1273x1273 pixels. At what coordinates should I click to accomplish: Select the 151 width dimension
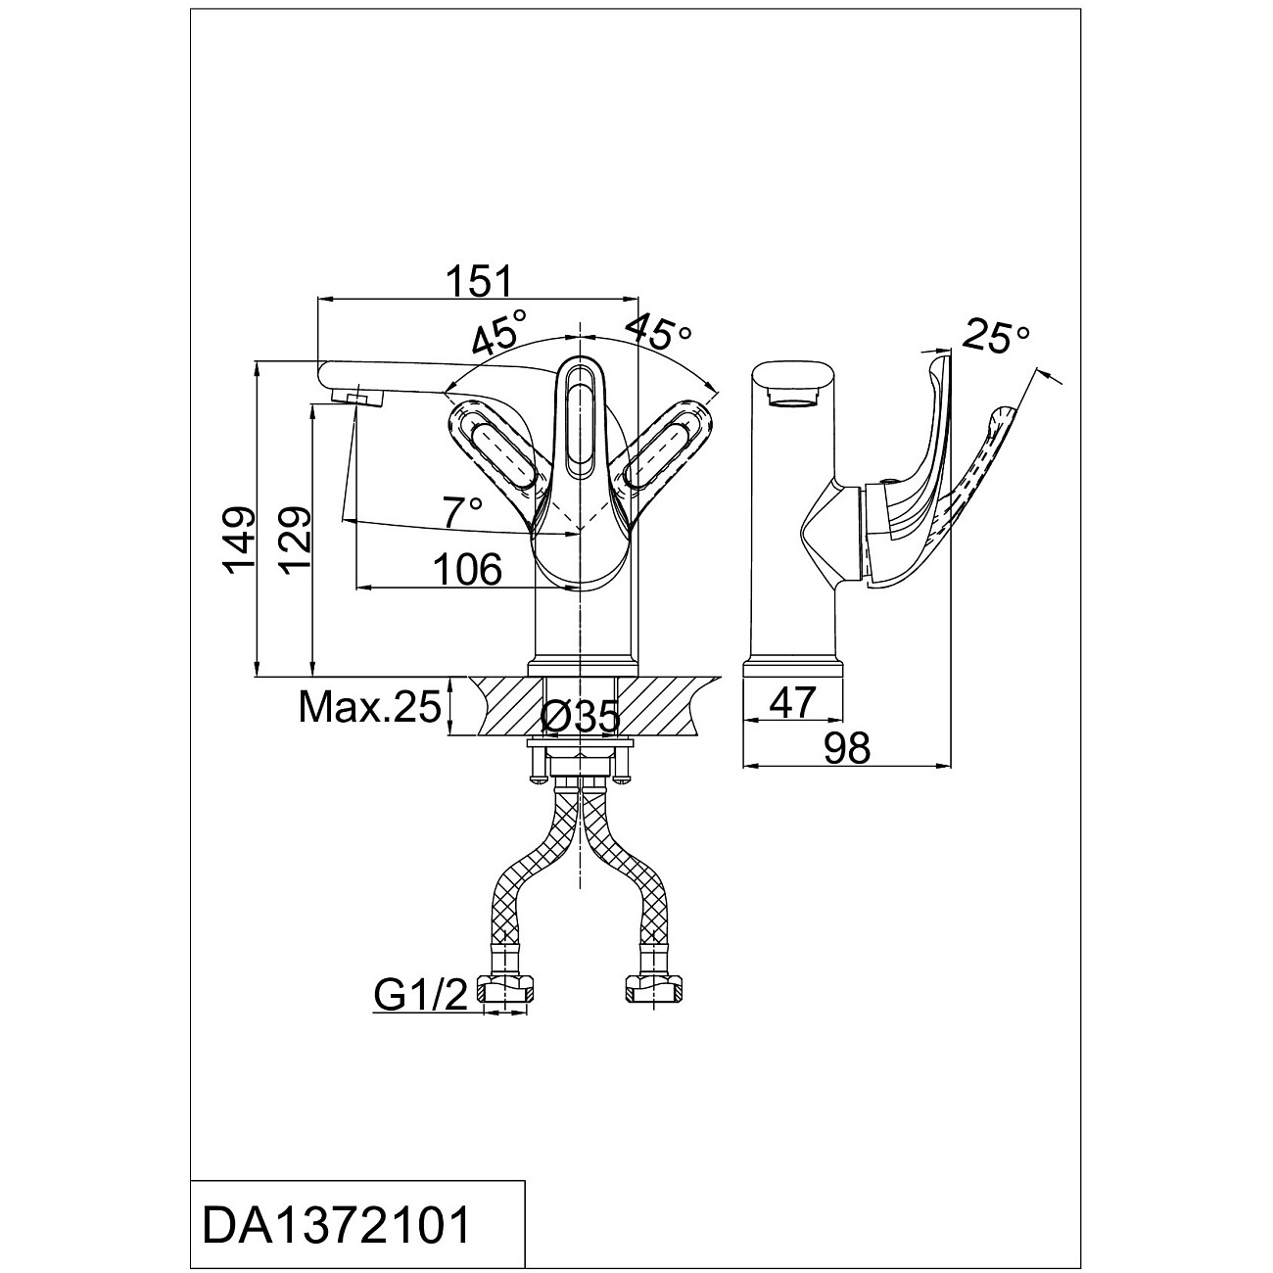point(480,281)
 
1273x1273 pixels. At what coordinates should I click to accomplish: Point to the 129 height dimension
point(295,543)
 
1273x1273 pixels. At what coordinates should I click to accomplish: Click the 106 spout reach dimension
point(468,569)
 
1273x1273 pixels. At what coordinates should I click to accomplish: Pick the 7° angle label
point(462,509)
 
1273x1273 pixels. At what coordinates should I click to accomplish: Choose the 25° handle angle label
point(996,336)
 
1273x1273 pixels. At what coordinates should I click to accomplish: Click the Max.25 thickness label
point(369,705)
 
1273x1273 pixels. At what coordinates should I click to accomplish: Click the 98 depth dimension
point(846,749)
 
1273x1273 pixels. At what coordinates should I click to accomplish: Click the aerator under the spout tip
point(355,397)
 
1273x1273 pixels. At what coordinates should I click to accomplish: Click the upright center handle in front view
point(582,421)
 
